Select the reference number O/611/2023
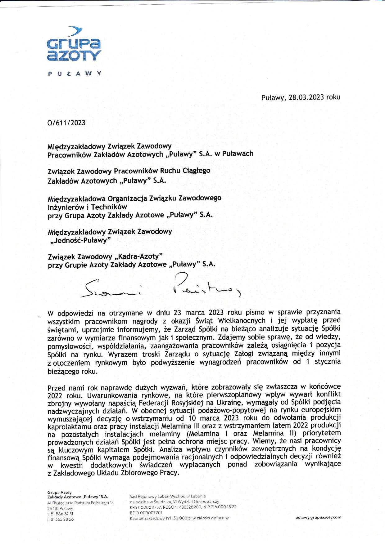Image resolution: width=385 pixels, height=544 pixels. [x=66, y=123]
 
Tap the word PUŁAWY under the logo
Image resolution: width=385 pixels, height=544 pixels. [x=75, y=74]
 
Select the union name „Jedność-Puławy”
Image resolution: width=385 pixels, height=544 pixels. [x=80, y=241]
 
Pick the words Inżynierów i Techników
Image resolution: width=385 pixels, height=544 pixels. [x=87, y=207]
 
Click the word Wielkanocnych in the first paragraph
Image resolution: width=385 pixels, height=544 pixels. [x=242, y=321]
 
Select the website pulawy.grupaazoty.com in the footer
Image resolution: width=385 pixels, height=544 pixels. [x=318, y=517]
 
